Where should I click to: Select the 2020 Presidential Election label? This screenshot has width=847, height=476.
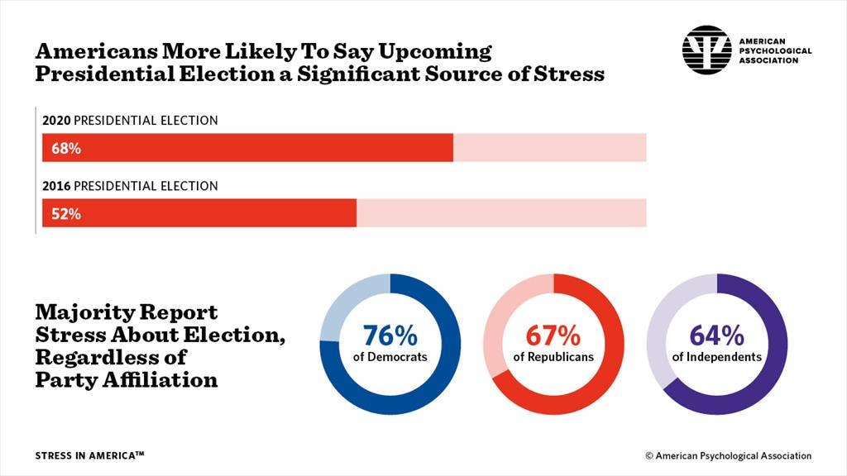coord(130,121)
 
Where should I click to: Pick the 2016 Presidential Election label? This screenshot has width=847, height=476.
coord(130,186)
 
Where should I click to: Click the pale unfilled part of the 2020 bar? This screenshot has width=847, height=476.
coord(549,148)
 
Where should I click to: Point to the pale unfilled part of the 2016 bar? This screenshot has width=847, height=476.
coord(500,213)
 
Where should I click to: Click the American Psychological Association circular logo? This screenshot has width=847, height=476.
coord(706,50)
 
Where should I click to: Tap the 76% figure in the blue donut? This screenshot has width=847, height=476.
coord(390,336)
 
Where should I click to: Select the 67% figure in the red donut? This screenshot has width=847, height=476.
coord(553,336)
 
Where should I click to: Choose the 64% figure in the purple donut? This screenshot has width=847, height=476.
coord(716,336)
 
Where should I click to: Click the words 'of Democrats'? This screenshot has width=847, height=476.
coord(390,357)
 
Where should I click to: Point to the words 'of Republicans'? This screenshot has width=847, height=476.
coord(553,357)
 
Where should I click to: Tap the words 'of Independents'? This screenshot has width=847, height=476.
coord(716,357)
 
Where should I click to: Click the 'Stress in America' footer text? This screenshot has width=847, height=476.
coord(90,455)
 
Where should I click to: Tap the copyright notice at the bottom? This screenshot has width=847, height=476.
coord(728,455)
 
